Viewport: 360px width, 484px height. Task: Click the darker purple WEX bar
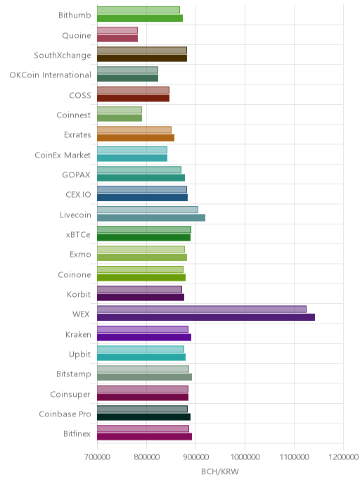pyautogui.click(x=206, y=317)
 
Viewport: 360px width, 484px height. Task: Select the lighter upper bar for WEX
pyautogui.click(x=202, y=309)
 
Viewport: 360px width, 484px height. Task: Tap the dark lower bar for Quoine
pyautogui.click(x=117, y=38)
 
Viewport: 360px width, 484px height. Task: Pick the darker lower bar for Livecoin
pyautogui.click(x=151, y=217)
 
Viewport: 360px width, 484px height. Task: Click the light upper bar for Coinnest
pyautogui.click(x=120, y=110)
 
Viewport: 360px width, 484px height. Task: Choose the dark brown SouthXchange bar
pyautogui.click(x=142, y=58)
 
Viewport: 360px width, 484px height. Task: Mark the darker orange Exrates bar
pyautogui.click(x=136, y=138)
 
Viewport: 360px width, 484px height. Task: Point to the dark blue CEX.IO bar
pyautogui.click(x=142, y=198)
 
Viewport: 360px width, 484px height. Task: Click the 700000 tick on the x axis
pyautogui.click(x=97, y=457)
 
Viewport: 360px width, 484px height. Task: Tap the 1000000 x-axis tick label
pyautogui.click(x=245, y=457)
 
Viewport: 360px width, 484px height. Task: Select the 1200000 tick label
pyautogui.click(x=343, y=457)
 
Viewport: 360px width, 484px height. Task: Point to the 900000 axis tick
pyautogui.click(x=195, y=457)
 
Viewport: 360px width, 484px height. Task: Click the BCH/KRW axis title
pyautogui.click(x=220, y=471)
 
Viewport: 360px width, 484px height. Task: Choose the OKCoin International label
pyautogui.click(x=51, y=75)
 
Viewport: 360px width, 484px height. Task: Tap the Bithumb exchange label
pyautogui.click(x=75, y=15)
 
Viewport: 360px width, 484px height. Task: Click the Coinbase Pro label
pyautogui.click(x=65, y=414)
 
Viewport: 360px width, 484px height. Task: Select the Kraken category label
pyautogui.click(x=78, y=334)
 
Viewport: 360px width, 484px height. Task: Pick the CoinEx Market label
pyautogui.click(x=63, y=155)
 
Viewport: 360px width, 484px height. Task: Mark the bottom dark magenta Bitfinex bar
pyautogui.click(x=144, y=436)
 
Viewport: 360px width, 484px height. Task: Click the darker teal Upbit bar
pyautogui.click(x=141, y=357)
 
